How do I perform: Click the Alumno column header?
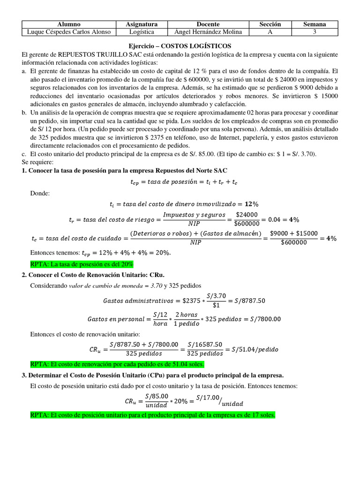click(69, 24)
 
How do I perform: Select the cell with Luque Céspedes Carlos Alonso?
click(69, 31)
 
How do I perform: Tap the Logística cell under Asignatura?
click(142, 31)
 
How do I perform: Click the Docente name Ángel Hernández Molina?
click(208, 31)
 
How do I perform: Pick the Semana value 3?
click(314, 31)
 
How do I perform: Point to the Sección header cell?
click(270, 24)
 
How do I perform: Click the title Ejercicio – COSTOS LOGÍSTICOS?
click(180, 46)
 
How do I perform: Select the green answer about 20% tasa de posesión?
click(82, 264)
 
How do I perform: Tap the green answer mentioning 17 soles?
click(152, 415)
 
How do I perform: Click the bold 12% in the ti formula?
click(252, 204)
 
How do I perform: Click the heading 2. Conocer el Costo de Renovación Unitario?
click(93, 275)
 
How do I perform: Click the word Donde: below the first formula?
click(39, 193)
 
